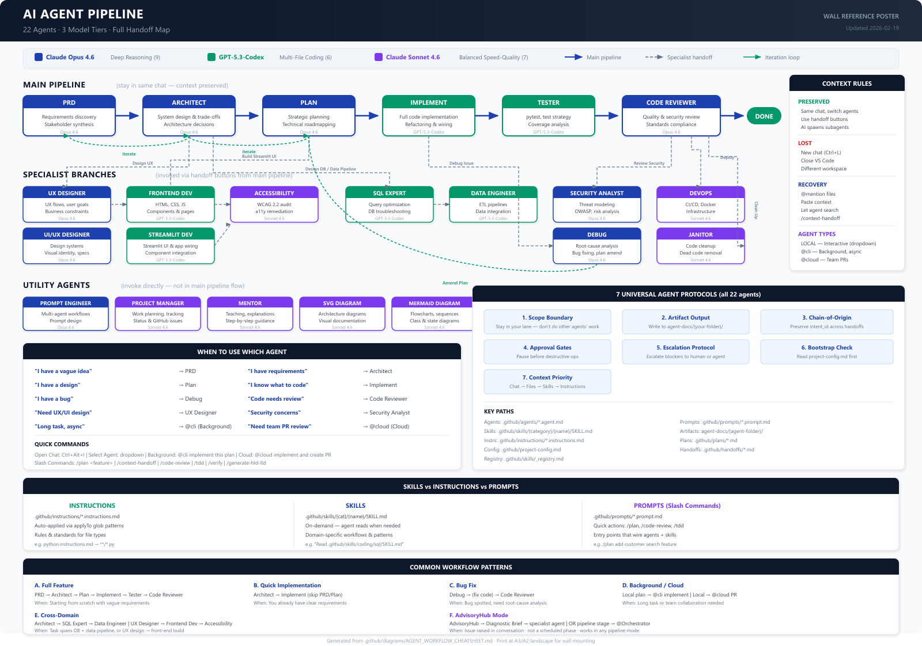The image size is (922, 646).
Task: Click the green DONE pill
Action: (764, 116)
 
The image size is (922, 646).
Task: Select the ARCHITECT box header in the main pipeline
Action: (189, 102)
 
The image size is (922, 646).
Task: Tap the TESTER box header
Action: (548, 102)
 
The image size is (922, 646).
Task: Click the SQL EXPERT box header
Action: (389, 193)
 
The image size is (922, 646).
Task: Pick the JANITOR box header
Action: (700, 234)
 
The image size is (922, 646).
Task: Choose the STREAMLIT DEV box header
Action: (171, 234)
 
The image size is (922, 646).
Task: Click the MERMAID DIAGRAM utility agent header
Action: (434, 303)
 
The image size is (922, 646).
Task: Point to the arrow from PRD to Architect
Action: (129, 116)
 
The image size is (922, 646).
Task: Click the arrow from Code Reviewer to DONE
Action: (733, 116)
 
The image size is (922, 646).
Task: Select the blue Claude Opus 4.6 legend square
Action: (39, 57)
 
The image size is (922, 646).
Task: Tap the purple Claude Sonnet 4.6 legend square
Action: (379, 57)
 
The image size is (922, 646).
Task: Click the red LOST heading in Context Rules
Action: (805, 143)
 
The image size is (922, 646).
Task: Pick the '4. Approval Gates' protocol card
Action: (547, 351)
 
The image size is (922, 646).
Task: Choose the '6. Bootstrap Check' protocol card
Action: (826, 351)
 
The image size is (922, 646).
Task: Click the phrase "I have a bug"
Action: (54, 399)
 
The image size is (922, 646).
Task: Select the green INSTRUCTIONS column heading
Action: (92, 506)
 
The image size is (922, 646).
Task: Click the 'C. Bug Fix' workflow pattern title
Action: (463, 586)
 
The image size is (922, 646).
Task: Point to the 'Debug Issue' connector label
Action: (461, 164)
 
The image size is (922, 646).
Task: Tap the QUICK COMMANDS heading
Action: (62, 444)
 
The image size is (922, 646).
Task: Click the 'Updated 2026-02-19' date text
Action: (872, 28)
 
